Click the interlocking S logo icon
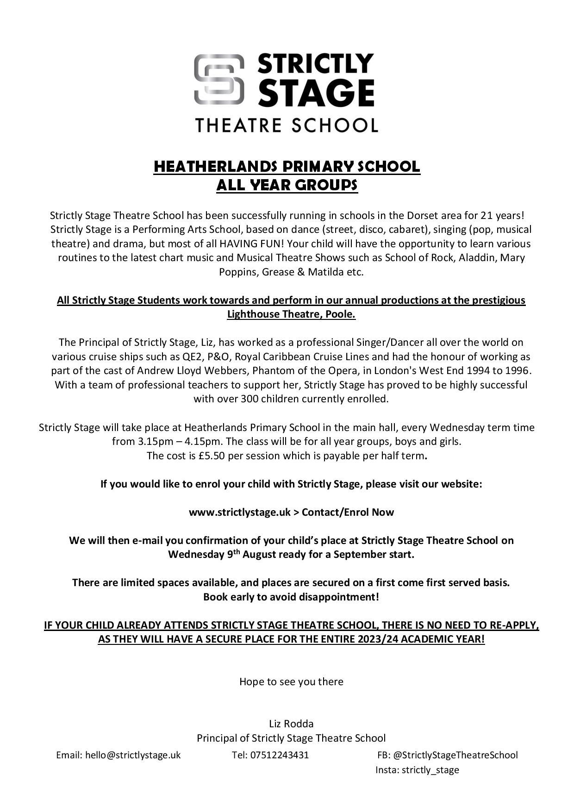click(x=218, y=79)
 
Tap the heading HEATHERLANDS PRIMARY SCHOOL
click(x=287, y=167)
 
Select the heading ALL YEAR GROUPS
click(x=287, y=185)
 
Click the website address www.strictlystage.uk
click(x=239, y=512)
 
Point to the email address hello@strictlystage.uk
click(x=132, y=755)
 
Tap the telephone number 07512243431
click(x=279, y=755)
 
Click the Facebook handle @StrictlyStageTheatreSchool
click(x=455, y=755)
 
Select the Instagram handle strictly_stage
click(x=430, y=770)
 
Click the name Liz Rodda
click(x=291, y=724)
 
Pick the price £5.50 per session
click(x=212, y=456)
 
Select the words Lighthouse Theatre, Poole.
click(x=291, y=314)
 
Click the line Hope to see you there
click(x=291, y=681)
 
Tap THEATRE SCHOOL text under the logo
click(x=287, y=125)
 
